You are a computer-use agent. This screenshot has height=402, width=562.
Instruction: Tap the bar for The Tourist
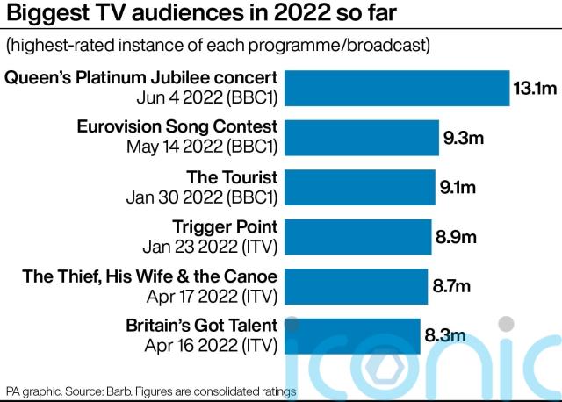coord(359,187)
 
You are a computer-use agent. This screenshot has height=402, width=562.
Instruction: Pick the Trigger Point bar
coord(357,237)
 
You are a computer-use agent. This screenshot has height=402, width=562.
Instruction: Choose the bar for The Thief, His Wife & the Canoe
coord(355,286)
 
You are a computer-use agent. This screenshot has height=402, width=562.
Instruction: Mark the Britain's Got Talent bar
coord(351,336)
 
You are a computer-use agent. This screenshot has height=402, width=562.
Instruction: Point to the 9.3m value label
coord(463,138)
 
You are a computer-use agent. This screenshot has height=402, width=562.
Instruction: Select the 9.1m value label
coord(458,187)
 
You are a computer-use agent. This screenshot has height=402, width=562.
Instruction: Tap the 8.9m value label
coord(456,237)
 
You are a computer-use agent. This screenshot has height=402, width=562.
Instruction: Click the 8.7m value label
coord(451,286)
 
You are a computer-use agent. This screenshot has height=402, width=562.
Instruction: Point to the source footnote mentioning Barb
coord(151,390)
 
